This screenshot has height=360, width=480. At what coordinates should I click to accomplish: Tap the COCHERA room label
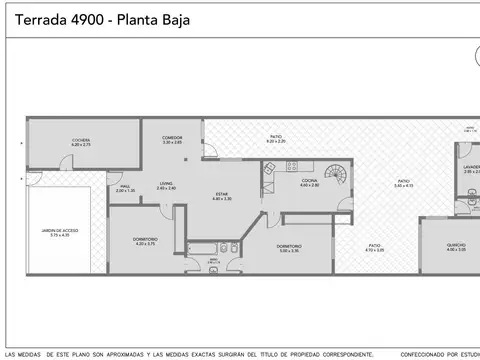tap(81, 141)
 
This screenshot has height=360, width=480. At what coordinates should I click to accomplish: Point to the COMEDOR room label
tap(173, 139)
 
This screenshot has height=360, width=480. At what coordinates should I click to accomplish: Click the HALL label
tap(125, 186)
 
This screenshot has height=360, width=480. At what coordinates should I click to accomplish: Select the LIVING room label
tap(166, 184)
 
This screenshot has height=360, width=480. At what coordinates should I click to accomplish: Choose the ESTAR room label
tap(222, 195)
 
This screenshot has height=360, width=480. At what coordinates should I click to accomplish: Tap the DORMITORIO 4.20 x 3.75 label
tap(146, 240)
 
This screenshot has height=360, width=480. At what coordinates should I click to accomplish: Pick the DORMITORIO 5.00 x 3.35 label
tap(290, 247)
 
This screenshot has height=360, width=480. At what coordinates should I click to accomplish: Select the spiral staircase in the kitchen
tap(339, 175)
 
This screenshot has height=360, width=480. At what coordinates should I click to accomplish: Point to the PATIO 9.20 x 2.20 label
tap(276, 138)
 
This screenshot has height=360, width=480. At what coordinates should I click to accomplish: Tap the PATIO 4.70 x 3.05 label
tap(374, 246)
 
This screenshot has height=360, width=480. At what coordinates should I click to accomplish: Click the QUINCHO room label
tap(455, 247)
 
